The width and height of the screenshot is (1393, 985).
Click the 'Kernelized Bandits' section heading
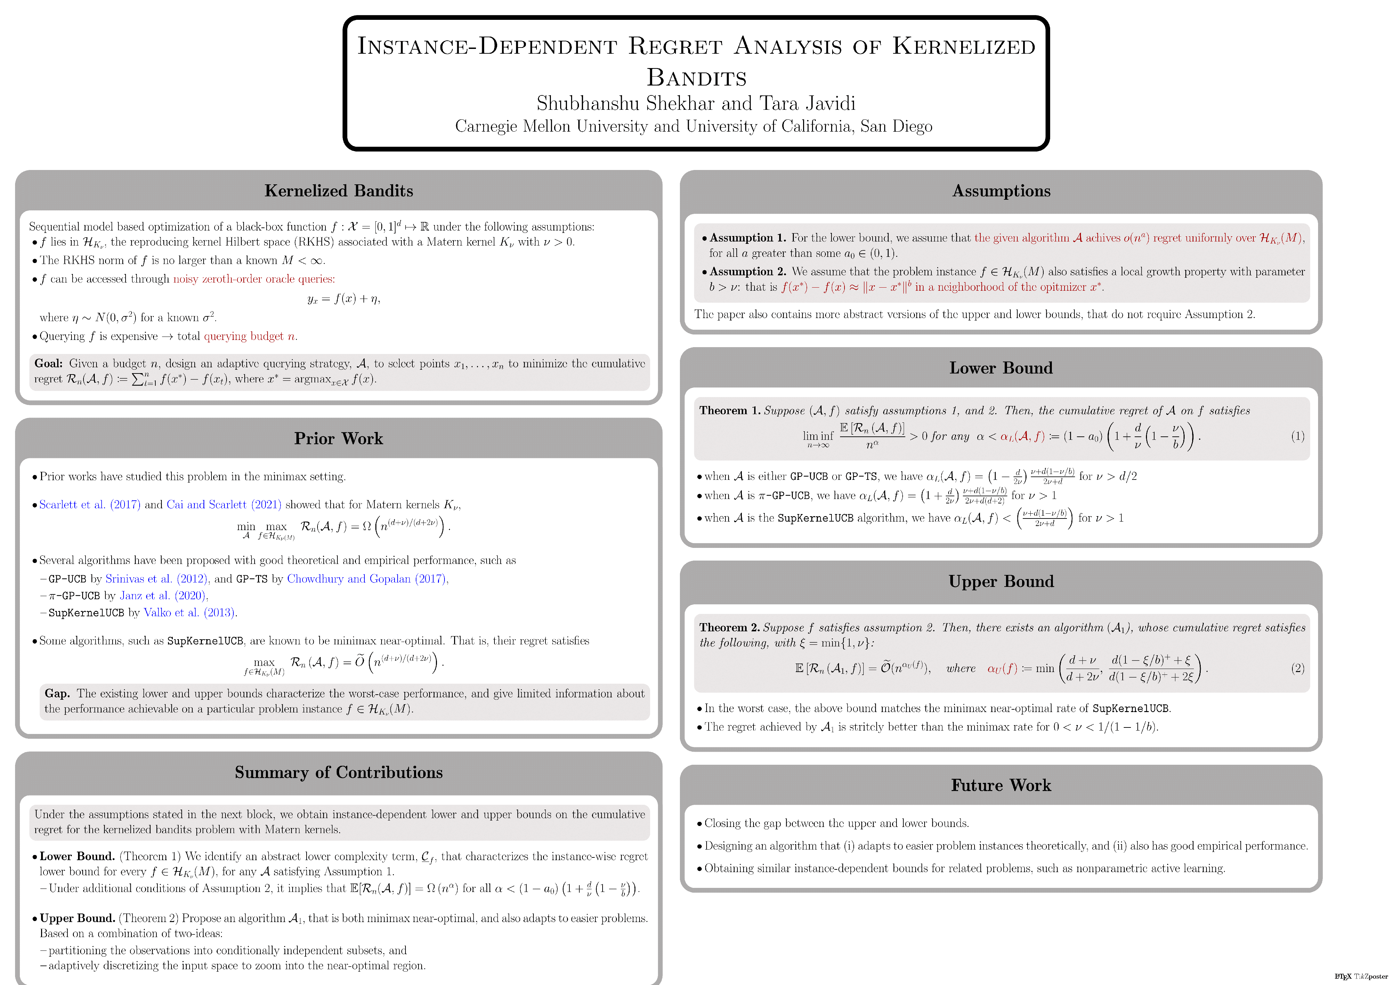point(338,191)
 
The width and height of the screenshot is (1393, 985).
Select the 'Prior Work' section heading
point(338,438)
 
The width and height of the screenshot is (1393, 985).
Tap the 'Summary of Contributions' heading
point(338,772)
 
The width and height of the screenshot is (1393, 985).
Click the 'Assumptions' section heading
point(1001,191)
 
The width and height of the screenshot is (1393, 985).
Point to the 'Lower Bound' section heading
point(1001,368)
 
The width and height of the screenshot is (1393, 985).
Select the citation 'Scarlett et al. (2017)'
point(90,504)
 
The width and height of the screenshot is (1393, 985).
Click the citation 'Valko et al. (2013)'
point(189,613)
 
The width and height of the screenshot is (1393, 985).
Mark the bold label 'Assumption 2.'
point(747,272)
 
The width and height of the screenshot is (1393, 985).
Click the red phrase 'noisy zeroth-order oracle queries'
point(254,279)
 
